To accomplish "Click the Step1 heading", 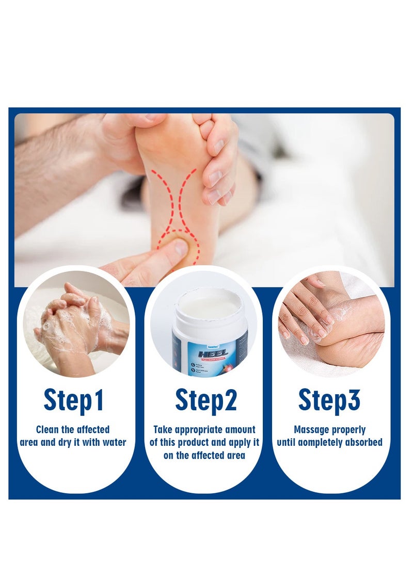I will (x=74, y=400).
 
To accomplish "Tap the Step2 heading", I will (x=206, y=400).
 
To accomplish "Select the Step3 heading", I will (x=329, y=400).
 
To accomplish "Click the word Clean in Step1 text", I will (x=48, y=429).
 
